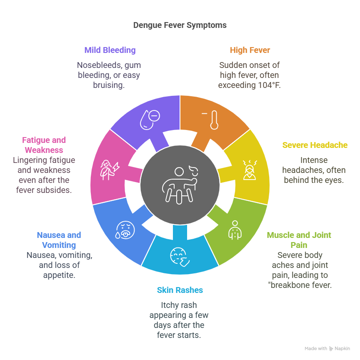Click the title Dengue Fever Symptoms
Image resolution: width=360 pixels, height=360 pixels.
coord(180,25)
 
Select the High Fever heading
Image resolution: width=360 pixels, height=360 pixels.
coord(250,50)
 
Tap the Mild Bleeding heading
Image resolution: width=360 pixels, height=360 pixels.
coord(110,50)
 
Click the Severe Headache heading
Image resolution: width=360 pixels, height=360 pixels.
coord(315,145)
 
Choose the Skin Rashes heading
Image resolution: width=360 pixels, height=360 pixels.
coord(180,290)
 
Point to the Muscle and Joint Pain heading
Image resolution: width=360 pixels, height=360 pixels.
coord(299,240)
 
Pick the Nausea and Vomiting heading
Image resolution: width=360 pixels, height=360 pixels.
coord(59,240)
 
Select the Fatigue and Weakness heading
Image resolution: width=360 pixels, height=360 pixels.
coord(44,145)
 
